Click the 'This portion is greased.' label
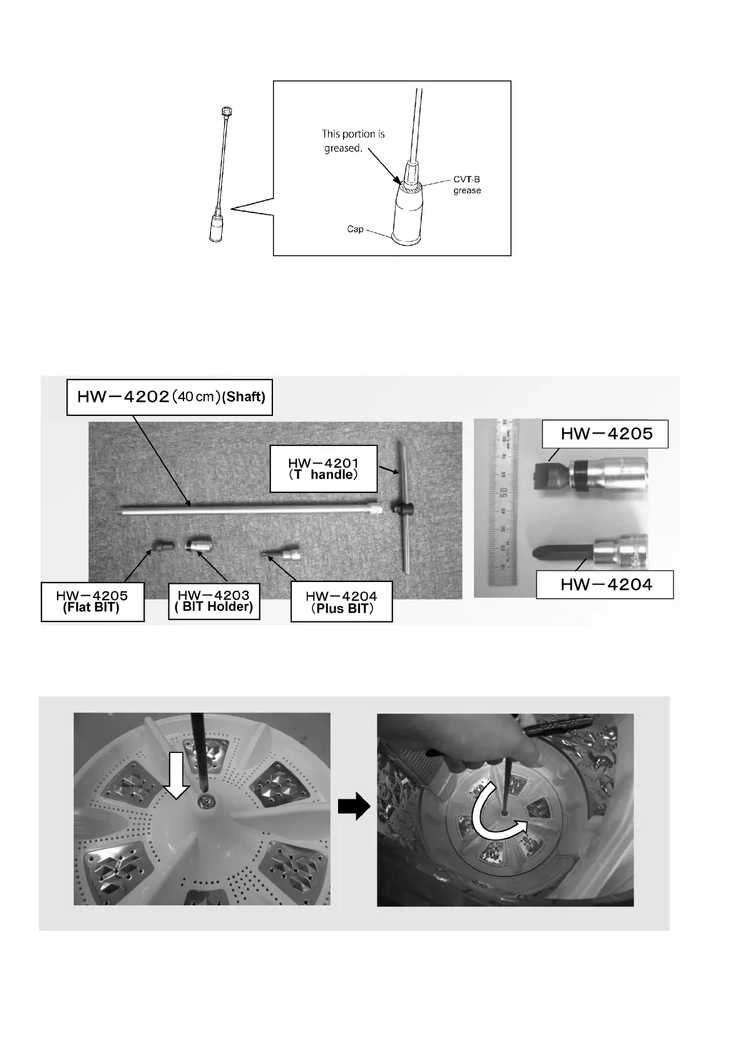352,141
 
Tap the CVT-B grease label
466,185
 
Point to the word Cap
355,229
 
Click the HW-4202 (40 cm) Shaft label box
170,397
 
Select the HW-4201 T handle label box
323,469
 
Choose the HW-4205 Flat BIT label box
92,602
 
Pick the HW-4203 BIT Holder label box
214,601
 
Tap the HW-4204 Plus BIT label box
341,603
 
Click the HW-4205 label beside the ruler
606,434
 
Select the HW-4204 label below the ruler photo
605,585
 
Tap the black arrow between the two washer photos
354,808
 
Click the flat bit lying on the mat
162,545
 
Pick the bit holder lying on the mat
197,544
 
